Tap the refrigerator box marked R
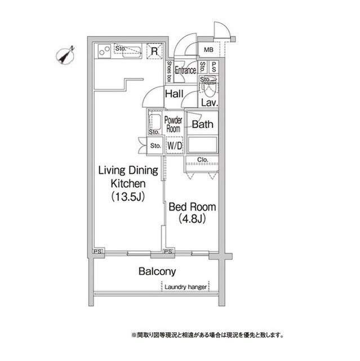click(x=154, y=51)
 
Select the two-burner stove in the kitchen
click(x=104, y=51)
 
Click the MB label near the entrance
click(x=208, y=50)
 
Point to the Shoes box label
click(x=170, y=72)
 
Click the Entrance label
click(x=185, y=70)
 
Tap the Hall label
click(x=174, y=94)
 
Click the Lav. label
click(x=210, y=103)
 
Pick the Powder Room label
click(x=174, y=124)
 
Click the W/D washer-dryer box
click(x=175, y=146)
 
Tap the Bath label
click(x=202, y=124)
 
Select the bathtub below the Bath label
click(x=202, y=144)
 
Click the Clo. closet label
click(x=202, y=160)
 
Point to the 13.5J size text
click(x=128, y=197)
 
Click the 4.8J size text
click(x=192, y=218)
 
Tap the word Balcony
click(x=157, y=271)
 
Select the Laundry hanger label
click(x=185, y=287)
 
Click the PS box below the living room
click(x=97, y=252)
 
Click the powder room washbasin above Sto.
click(x=154, y=121)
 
